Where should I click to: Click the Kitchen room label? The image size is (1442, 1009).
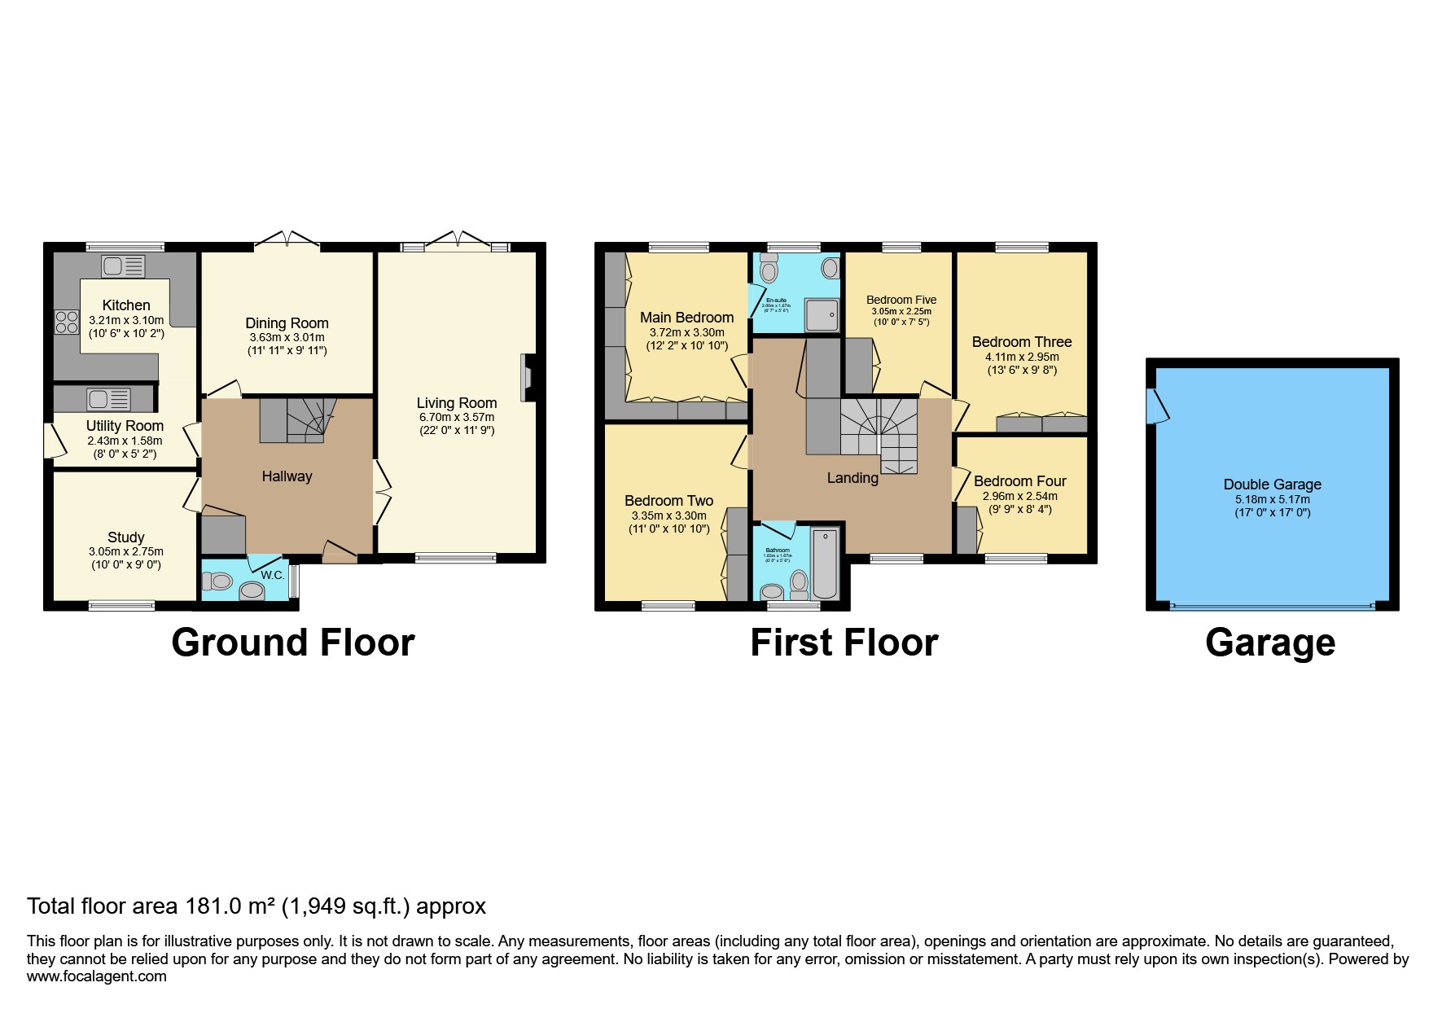pos(126,305)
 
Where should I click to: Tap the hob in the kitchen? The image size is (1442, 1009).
pos(67,322)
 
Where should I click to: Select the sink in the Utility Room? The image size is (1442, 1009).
pos(109,399)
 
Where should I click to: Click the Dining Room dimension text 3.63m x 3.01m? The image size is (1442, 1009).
pos(287,337)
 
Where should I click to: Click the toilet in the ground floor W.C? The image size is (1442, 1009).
pos(217,581)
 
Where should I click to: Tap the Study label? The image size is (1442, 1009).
pos(126,537)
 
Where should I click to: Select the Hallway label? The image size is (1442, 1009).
pos(287,476)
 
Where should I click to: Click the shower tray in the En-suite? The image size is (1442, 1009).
pos(822,314)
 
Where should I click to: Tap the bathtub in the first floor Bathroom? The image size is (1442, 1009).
pos(825,563)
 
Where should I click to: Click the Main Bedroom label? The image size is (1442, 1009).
pos(686,318)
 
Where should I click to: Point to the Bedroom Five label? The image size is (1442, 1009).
pos(901,300)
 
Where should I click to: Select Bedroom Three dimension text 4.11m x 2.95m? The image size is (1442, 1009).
pos(1022,357)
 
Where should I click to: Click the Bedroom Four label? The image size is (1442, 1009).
pos(1019,481)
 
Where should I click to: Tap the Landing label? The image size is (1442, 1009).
pos(852,478)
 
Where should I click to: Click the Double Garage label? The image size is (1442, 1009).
pos(1272,485)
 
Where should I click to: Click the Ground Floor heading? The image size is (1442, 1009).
pos(292,643)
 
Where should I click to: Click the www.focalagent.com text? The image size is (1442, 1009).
pos(97,976)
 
